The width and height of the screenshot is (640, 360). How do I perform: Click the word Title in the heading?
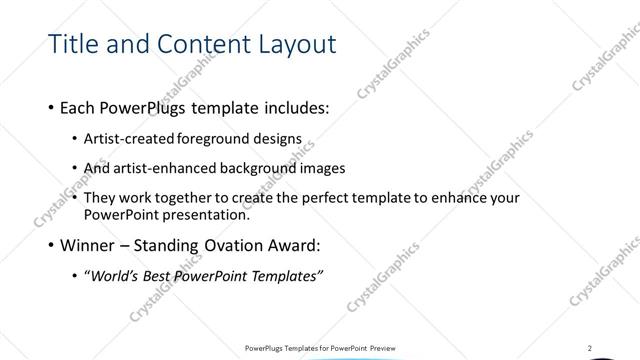pos(73,44)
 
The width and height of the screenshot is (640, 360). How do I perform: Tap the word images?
pos(325,168)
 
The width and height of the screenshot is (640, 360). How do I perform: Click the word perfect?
pos(350,198)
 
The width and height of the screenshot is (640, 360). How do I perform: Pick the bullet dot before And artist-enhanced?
pos(77,169)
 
